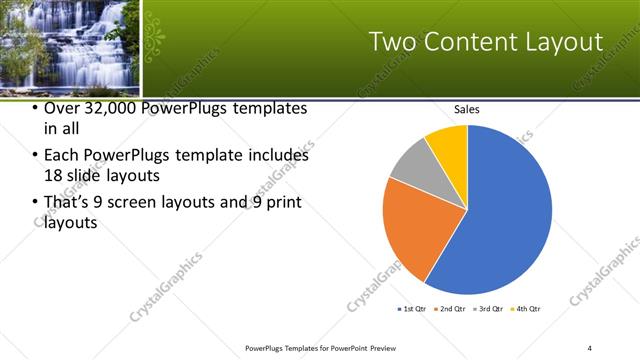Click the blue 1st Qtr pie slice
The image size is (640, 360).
pos(505,210)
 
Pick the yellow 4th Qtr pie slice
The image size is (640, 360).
pos(448,145)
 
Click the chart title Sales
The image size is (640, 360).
pos(467,109)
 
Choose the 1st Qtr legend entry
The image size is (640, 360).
pos(412,309)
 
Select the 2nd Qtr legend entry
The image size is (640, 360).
pos(452,309)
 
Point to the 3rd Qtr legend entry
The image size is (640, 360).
pos(490,309)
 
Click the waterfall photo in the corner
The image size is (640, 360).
pos(70,45)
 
